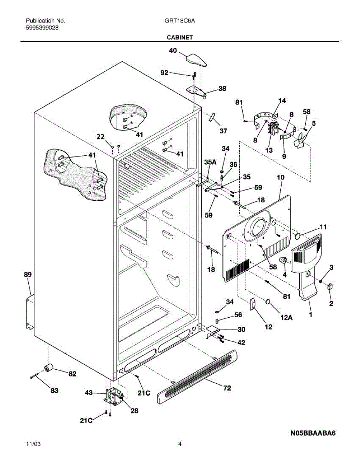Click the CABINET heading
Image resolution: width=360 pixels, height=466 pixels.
tap(180, 37)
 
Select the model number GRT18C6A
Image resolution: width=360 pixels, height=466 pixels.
tap(180, 21)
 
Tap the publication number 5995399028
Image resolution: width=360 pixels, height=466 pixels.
tap(42, 28)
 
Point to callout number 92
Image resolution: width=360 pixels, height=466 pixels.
tap(164, 73)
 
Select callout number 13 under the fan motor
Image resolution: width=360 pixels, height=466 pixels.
tap(269, 150)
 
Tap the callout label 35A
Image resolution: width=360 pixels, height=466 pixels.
tap(210, 162)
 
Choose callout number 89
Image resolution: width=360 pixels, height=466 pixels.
tap(28, 274)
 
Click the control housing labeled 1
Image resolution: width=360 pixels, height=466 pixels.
tap(306, 266)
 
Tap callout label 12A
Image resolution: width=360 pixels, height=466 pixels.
tap(287, 317)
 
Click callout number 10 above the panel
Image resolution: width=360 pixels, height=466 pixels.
tap(281, 177)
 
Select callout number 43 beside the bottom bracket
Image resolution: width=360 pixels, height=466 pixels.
tap(89, 393)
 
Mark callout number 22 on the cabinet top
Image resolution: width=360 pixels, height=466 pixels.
tap(101, 137)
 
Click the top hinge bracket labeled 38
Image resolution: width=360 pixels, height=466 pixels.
tap(197, 92)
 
